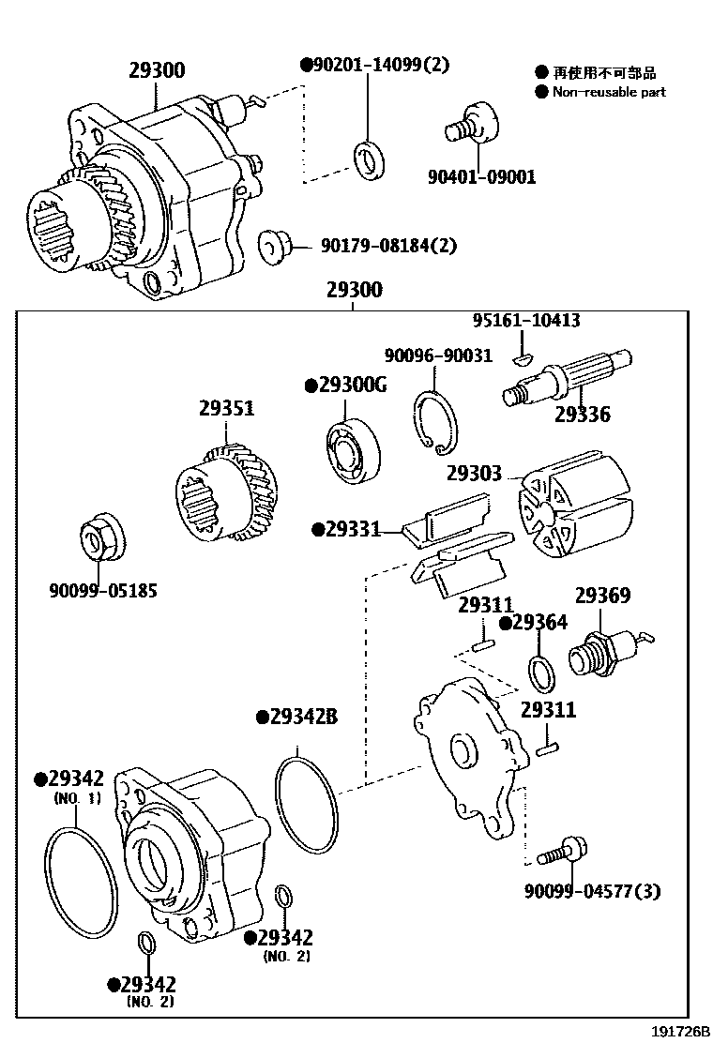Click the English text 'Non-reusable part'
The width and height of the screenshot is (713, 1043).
[x=609, y=92]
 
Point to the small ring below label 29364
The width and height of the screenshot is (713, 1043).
[x=541, y=673]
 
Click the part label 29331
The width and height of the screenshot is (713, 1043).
[x=346, y=530]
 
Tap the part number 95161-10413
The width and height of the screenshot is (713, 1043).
[x=525, y=321]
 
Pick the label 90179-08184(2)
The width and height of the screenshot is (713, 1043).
[x=387, y=246]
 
